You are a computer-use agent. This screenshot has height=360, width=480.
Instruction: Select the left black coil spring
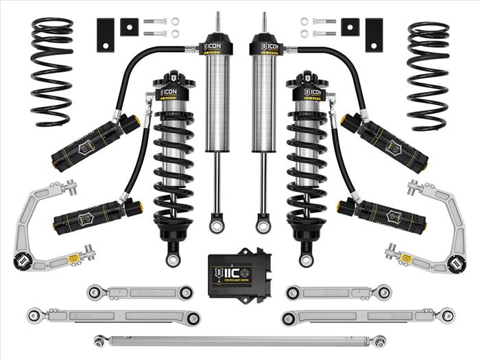click(52, 72)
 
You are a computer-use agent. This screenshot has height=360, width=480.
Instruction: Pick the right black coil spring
click(428, 72)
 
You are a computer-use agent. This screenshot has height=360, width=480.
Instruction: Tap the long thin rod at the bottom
click(240, 339)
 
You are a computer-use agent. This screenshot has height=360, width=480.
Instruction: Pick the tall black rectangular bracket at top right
click(374, 34)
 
